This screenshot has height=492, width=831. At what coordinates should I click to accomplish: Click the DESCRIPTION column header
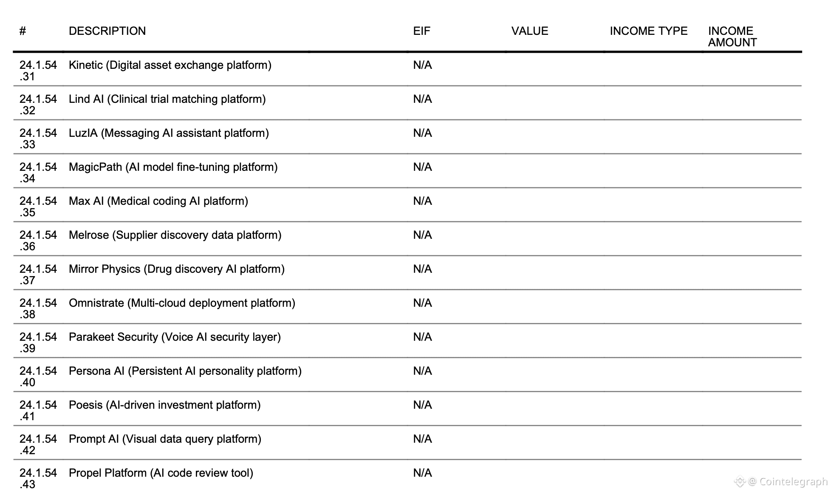(107, 31)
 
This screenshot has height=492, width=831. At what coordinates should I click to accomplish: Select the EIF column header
(421, 31)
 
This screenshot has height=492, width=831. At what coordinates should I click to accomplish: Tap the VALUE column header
(529, 31)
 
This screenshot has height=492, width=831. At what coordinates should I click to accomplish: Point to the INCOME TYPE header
(648, 31)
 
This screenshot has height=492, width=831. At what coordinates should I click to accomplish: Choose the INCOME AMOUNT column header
(732, 37)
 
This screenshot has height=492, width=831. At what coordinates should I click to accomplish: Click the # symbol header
(23, 31)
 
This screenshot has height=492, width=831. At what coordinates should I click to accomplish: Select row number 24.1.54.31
(38, 71)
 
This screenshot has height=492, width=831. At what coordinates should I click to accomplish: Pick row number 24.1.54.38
(38, 308)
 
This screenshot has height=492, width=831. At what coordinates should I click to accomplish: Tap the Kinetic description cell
(170, 65)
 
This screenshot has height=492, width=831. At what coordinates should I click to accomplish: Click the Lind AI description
(167, 99)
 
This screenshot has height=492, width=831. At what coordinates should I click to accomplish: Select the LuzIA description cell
(169, 133)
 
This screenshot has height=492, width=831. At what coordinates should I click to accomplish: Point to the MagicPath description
(173, 167)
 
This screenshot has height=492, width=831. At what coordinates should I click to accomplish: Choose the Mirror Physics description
(176, 269)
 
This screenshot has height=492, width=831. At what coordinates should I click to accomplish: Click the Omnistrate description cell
(182, 303)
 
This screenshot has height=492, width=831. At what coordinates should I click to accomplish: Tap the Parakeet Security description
(175, 337)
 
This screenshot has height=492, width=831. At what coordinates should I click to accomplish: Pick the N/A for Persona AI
(422, 371)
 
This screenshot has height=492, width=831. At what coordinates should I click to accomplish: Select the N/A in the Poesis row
(422, 405)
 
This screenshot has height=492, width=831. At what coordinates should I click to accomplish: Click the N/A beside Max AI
(422, 201)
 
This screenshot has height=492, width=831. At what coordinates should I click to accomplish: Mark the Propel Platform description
(161, 473)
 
